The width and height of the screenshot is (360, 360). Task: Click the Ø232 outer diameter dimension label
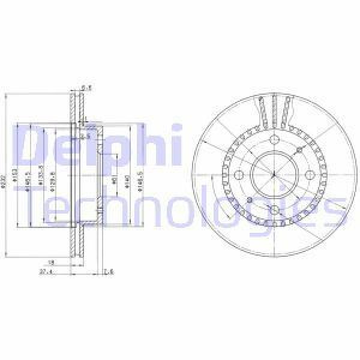pyautogui.click(x=6, y=175)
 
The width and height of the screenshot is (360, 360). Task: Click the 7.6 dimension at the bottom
pyautogui.click(x=109, y=271)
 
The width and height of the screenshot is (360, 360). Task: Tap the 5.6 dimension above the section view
pyautogui.click(x=86, y=86)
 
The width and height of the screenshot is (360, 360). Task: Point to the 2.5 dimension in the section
pyautogui.click(x=85, y=137)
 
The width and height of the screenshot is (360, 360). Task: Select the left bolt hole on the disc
pyautogui.click(x=238, y=175)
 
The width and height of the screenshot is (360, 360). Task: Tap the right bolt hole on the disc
pyautogui.click(x=309, y=175)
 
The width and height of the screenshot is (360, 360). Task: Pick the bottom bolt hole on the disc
pyautogui.click(x=273, y=210)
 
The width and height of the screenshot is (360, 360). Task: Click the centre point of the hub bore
pyautogui.click(x=273, y=175)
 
